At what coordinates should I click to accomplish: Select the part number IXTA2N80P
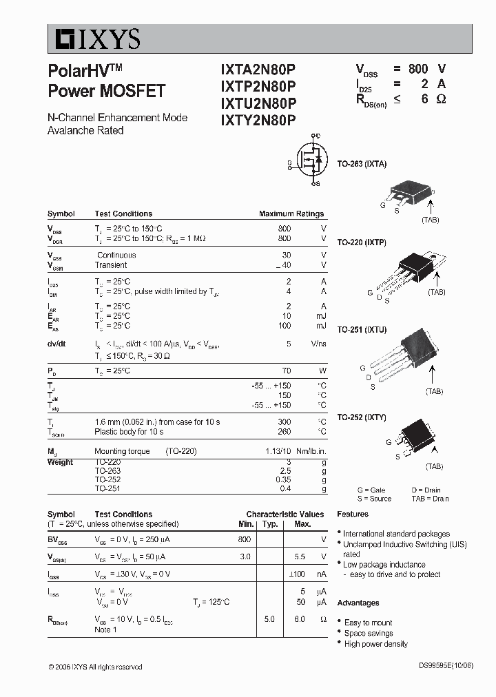coord(258,69)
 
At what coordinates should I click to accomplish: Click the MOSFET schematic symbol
coord(309,160)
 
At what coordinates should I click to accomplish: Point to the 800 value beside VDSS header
coord(418,69)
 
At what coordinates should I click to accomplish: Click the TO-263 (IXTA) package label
coord(362,165)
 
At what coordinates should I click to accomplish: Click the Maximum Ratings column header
coord(291,214)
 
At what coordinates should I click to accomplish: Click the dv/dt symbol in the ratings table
coord(56,343)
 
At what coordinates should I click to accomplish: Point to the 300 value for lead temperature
coord(284,422)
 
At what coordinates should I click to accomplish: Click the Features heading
coord(353,514)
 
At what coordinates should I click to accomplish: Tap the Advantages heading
coord(358,603)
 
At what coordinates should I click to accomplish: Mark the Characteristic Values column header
coord(285,514)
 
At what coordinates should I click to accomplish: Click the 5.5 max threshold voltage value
coord(300,556)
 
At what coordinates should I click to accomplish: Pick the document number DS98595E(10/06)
coord(446,666)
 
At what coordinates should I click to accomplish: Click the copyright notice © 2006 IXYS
coord(96,667)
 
